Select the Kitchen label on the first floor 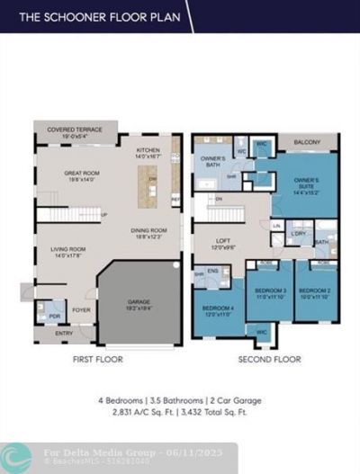click(x=148, y=152)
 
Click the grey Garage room click(x=139, y=305)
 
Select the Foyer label click(x=82, y=311)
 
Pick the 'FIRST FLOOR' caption click(x=97, y=359)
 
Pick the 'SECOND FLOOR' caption click(x=269, y=359)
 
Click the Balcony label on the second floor click(x=309, y=142)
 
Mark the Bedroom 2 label click(x=315, y=293)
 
